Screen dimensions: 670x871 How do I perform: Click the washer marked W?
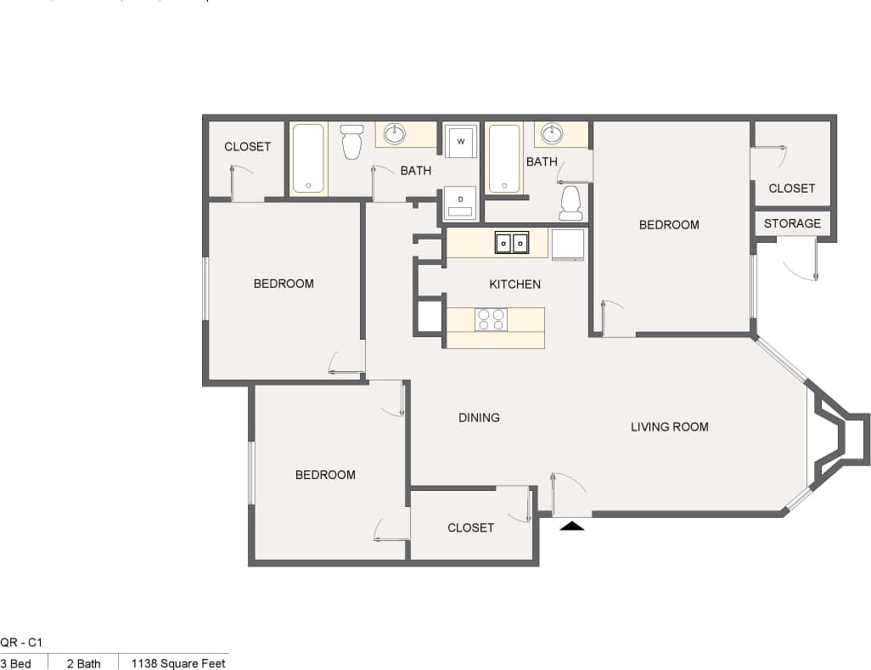(x=461, y=141)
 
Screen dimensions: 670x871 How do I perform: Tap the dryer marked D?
(x=461, y=202)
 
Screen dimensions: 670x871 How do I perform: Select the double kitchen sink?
(x=512, y=243)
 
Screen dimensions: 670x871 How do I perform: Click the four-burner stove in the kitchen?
(x=491, y=319)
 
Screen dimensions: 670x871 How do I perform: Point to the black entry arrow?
(x=573, y=526)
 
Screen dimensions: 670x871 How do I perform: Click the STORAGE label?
(x=792, y=223)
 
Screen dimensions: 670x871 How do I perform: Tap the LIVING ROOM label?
(x=669, y=426)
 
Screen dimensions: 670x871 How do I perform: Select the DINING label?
(x=479, y=417)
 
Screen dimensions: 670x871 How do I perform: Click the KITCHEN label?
(x=514, y=284)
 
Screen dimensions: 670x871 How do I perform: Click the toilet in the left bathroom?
(x=351, y=143)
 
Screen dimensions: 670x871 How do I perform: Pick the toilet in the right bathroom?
(x=570, y=202)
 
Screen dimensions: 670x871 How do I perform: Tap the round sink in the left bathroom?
(x=395, y=134)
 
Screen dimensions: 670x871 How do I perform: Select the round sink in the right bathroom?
(x=553, y=133)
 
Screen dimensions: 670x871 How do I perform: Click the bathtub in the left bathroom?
(x=308, y=160)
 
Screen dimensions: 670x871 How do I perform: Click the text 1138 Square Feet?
(x=178, y=663)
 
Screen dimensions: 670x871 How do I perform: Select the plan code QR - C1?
(x=21, y=644)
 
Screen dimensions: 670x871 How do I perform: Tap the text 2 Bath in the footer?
(x=83, y=663)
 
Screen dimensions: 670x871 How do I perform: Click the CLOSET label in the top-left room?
(x=247, y=146)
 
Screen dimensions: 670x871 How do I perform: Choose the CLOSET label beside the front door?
(x=470, y=527)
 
